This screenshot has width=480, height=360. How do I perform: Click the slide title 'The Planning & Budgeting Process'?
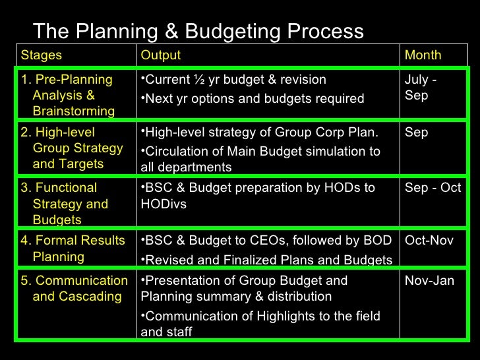click(198, 31)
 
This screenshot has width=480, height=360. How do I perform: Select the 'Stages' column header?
click(41, 55)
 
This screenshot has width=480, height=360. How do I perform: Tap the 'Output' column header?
click(160, 55)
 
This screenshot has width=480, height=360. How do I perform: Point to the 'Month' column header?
click(423, 55)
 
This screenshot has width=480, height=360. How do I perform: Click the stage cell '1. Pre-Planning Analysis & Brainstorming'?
click(67, 96)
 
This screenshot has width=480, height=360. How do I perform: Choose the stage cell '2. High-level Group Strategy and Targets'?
click(71, 148)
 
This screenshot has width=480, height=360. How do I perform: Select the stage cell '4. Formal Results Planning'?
click(73, 249)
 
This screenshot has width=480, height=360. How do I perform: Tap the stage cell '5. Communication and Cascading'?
click(74, 288)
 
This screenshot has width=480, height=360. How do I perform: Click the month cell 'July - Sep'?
click(421, 88)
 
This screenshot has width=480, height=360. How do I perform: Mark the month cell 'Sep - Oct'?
click(433, 188)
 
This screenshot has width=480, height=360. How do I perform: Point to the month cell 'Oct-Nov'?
click(429, 241)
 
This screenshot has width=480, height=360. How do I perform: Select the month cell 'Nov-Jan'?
click(429, 281)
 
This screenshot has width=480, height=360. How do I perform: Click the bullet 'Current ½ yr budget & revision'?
click(235, 80)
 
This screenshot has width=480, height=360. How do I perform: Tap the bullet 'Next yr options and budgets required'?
click(253, 99)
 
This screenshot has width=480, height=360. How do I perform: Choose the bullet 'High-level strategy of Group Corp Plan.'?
click(260, 133)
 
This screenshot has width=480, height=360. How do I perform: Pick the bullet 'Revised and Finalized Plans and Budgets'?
click(267, 260)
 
